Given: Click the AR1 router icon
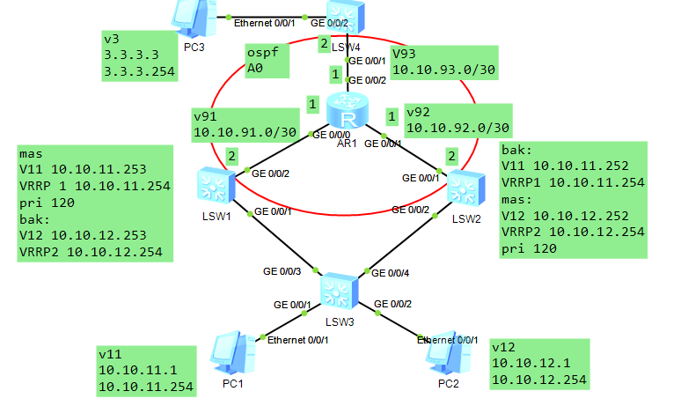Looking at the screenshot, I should tap(349, 114).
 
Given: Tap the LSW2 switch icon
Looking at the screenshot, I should tap(464, 188).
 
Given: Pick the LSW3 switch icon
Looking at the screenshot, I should tap(339, 290).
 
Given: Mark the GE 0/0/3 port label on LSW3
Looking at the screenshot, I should tap(282, 270).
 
